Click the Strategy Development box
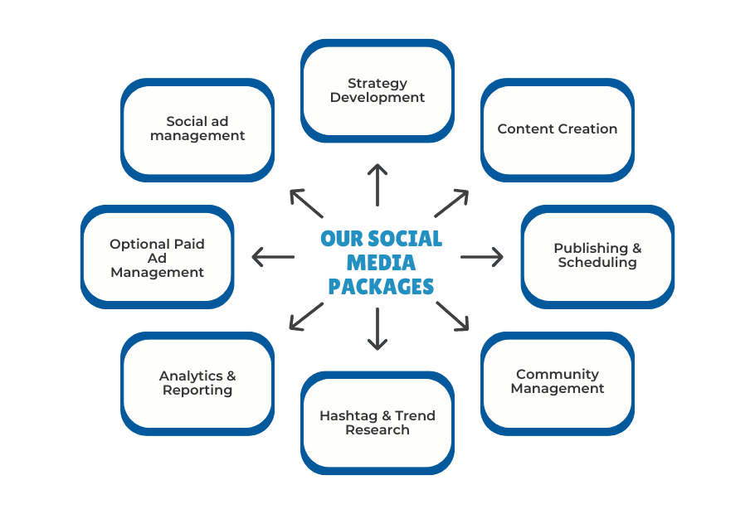pos(377,90)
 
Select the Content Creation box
pos(558,130)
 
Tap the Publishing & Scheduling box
pos(597,256)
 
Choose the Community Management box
pos(558,382)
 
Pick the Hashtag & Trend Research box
pos(377,423)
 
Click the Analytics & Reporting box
pos(197,383)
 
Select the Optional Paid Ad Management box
pos(157,257)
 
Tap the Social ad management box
pos(197,129)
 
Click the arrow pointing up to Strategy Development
pos(377,185)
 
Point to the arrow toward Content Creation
pos(451,204)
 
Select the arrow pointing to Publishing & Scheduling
pos(482,257)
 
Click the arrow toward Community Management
pos(452,316)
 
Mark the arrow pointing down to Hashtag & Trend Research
pos(377,329)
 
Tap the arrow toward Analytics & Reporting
pos(307,316)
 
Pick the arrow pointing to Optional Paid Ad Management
pos(273,257)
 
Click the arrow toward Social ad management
pos(306,204)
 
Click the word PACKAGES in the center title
pos(381,287)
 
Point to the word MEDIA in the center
pos(381,263)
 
